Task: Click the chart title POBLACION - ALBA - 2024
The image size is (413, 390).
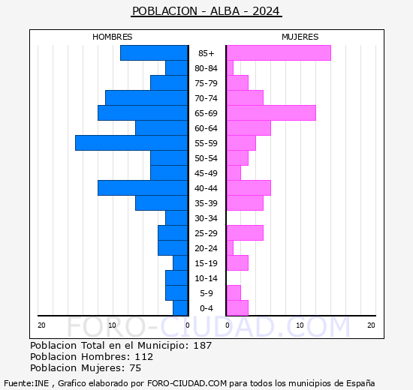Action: pyautogui.click(x=206, y=11)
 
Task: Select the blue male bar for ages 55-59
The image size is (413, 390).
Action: pyautogui.click(x=131, y=142)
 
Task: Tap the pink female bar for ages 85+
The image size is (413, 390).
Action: pyautogui.click(x=278, y=52)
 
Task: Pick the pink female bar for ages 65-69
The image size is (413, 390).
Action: pyautogui.click(x=270, y=112)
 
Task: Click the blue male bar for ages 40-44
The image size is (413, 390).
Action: pyautogui.click(x=143, y=187)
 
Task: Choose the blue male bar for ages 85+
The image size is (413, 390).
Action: pyautogui.click(x=154, y=52)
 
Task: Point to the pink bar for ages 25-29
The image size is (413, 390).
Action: pyautogui.click(x=244, y=232)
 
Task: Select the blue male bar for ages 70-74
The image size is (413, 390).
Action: pyautogui.click(x=146, y=97)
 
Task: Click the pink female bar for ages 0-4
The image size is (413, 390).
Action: pyautogui.click(x=237, y=307)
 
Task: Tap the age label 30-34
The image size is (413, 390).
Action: pyautogui.click(x=206, y=218)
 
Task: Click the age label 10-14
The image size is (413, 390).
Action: pyautogui.click(x=206, y=278)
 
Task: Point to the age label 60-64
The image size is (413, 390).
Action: pyautogui.click(x=206, y=128)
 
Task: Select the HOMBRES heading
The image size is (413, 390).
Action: pyautogui.click(x=113, y=37)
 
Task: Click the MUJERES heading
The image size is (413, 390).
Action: pyautogui.click(x=300, y=37)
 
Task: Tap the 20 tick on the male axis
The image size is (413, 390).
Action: pyautogui.click(x=41, y=325)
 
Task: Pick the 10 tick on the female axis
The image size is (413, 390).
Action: pyautogui.click(x=300, y=325)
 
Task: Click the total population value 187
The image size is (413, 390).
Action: pyautogui.click(x=202, y=346)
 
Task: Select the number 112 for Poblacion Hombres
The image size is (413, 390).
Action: pyautogui.click(x=143, y=357)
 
